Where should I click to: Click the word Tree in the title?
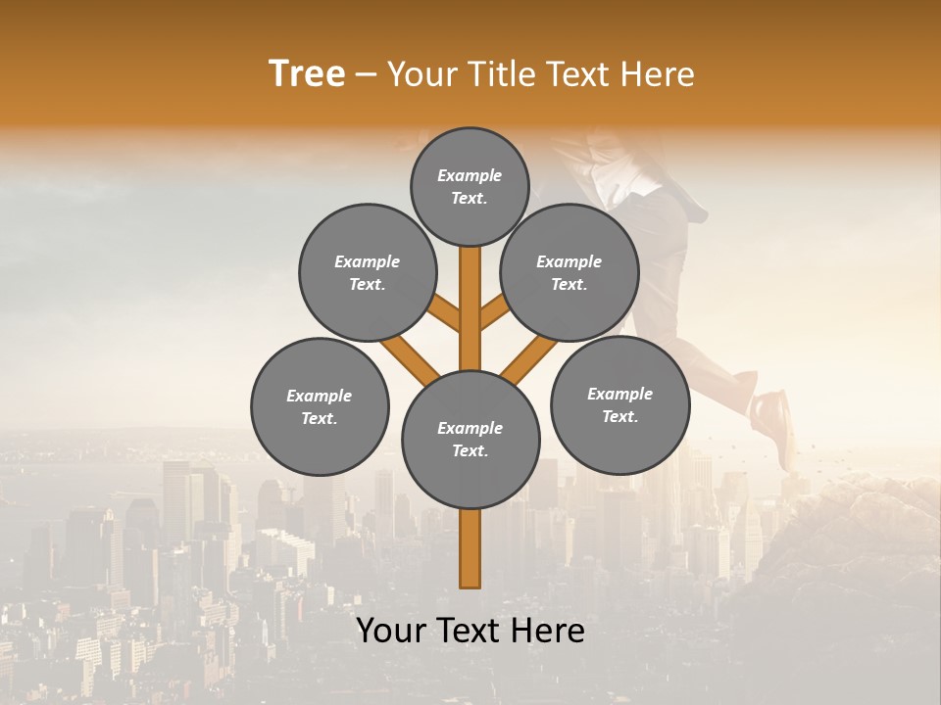(x=307, y=74)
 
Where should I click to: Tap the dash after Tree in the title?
(x=366, y=75)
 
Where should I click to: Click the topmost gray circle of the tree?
(x=470, y=186)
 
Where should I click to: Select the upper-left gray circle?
(x=368, y=272)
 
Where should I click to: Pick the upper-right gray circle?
(x=570, y=272)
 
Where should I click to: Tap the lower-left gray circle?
(x=320, y=406)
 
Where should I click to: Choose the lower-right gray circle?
(x=619, y=404)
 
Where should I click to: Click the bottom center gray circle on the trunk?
(x=470, y=439)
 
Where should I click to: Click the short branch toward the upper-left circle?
(x=446, y=314)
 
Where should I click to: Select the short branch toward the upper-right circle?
(x=493, y=314)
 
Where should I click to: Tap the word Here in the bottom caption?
(x=550, y=631)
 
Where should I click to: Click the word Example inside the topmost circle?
(x=470, y=175)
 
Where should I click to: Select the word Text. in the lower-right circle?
(x=619, y=416)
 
